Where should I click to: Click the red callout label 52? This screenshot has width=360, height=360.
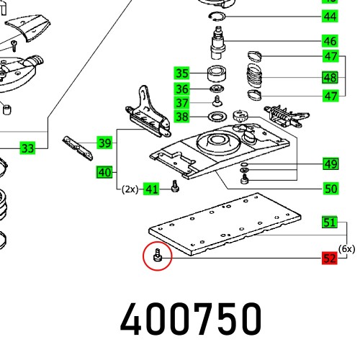pyautogui.click(x=329, y=258)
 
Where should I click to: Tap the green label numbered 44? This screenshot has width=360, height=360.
pyautogui.click(x=330, y=17)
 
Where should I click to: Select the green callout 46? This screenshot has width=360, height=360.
pyautogui.click(x=330, y=41)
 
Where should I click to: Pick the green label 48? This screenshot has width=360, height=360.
pyautogui.click(x=330, y=78)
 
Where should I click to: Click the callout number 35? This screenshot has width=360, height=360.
pyautogui.click(x=181, y=73)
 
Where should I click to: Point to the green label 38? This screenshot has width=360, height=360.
pyautogui.click(x=181, y=117)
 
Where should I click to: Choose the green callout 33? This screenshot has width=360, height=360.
pyautogui.click(x=27, y=148)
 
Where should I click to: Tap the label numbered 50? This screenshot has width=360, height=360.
pyautogui.click(x=330, y=189)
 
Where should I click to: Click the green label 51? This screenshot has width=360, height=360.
pyautogui.click(x=329, y=222)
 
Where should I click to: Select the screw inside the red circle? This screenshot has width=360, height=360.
pyautogui.click(x=158, y=256)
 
